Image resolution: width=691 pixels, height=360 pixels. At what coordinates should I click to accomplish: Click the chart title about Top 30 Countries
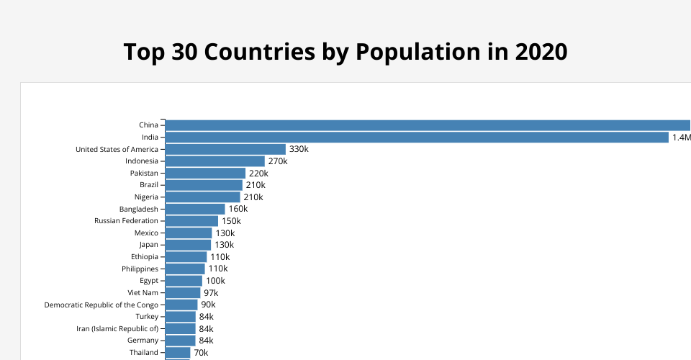click(x=345, y=52)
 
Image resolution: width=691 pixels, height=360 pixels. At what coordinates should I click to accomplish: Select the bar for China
click(x=428, y=125)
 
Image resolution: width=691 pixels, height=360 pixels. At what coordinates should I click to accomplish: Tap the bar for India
click(x=417, y=137)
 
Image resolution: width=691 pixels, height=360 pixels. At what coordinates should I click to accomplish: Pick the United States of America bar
click(x=225, y=149)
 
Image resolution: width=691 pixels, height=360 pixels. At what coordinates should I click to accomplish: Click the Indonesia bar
click(x=214, y=161)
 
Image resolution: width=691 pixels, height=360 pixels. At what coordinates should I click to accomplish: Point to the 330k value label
click(x=299, y=149)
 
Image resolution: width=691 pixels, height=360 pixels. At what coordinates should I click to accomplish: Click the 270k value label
click(x=278, y=161)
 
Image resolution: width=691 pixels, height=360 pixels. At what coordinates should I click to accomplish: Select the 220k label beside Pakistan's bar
click(x=258, y=174)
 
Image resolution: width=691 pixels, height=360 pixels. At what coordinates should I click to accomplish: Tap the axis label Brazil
click(x=148, y=185)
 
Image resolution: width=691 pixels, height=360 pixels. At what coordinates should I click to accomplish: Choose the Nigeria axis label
click(x=146, y=197)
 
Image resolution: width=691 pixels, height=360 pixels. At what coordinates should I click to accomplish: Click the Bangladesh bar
click(x=195, y=209)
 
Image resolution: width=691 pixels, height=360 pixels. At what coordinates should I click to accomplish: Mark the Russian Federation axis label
click(x=126, y=221)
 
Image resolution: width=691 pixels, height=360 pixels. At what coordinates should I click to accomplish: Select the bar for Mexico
click(x=189, y=233)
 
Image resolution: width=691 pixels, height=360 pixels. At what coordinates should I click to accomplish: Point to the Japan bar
click(x=188, y=245)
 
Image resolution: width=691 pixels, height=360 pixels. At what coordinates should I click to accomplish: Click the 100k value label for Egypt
click(x=215, y=281)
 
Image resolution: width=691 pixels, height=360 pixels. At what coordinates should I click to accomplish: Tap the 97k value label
click(x=211, y=293)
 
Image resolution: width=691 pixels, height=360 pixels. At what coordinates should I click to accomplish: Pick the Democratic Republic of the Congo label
click(x=101, y=305)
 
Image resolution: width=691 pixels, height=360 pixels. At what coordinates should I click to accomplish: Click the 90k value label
click(x=208, y=305)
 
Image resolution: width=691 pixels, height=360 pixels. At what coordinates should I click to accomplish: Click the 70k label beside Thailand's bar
click(x=201, y=353)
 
